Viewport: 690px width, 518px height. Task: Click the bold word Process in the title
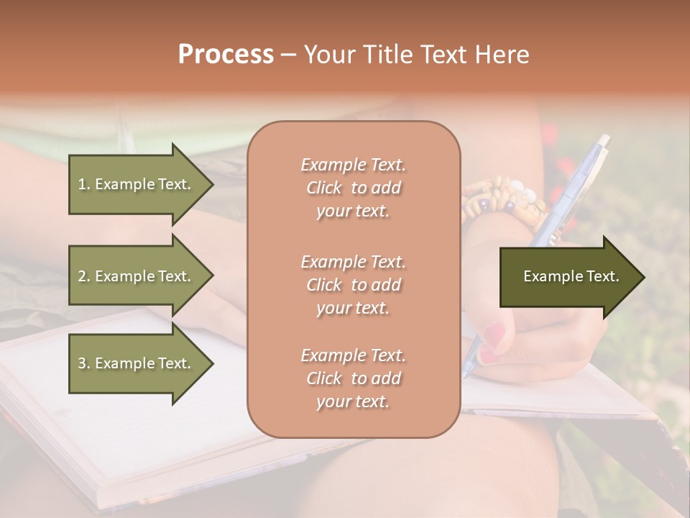click(x=226, y=55)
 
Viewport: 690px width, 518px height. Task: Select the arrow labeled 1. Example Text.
click(x=137, y=184)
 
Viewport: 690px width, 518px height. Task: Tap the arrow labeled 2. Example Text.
click(x=137, y=276)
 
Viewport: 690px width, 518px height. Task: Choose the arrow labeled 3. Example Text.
click(x=137, y=363)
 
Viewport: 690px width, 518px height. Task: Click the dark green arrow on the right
click(x=568, y=276)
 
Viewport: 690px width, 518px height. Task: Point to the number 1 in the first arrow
click(x=82, y=184)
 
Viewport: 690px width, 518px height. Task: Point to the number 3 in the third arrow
click(x=82, y=363)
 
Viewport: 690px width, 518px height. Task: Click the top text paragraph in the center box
click(x=353, y=188)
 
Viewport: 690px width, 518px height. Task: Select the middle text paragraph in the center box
click(x=353, y=284)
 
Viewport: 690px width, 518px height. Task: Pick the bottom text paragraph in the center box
click(x=353, y=378)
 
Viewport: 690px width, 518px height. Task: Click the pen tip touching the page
click(x=466, y=373)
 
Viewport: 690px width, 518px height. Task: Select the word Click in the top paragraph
click(x=323, y=188)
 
